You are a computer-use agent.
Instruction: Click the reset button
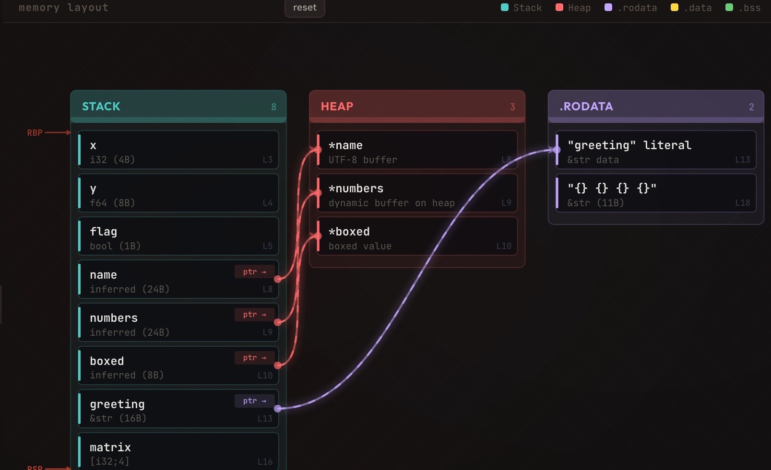click(x=305, y=8)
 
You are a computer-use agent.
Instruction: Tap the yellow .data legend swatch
click(x=674, y=7)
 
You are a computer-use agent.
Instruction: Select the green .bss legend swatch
click(x=729, y=7)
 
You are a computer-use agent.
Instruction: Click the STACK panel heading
click(x=101, y=106)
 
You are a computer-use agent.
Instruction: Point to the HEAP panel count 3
click(x=512, y=107)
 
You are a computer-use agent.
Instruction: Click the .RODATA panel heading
click(x=586, y=106)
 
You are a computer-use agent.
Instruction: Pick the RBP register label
click(x=35, y=132)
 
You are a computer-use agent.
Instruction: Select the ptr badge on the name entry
click(x=254, y=271)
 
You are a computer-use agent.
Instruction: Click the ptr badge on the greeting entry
click(x=254, y=400)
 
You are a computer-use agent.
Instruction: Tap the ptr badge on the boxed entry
click(x=254, y=357)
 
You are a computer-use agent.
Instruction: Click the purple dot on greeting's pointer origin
click(x=278, y=409)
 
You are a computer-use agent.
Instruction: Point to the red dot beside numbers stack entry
click(x=278, y=322)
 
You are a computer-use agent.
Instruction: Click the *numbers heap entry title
click(x=356, y=188)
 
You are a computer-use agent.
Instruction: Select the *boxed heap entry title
click(x=349, y=232)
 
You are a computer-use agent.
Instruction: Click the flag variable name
click(x=103, y=232)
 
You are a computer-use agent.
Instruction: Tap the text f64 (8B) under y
click(x=112, y=203)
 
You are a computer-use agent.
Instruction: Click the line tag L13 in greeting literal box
click(x=742, y=160)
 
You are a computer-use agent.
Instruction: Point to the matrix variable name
click(x=110, y=447)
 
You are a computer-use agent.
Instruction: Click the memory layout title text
click(x=64, y=8)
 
